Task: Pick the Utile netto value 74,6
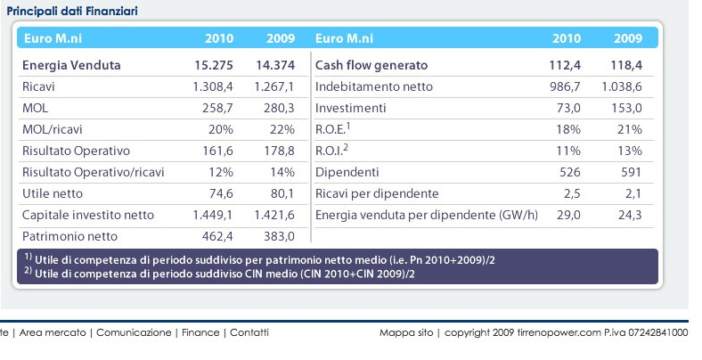click(x=222, y=193)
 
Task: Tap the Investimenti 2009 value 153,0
click(x=626, y=108)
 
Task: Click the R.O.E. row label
click(x=334, y=129)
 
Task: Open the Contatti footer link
click(x=249, y=332)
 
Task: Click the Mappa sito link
click(x=406, y=332)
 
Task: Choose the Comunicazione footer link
click(x=134, y=332)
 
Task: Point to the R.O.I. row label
click(x=332, y=151)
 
